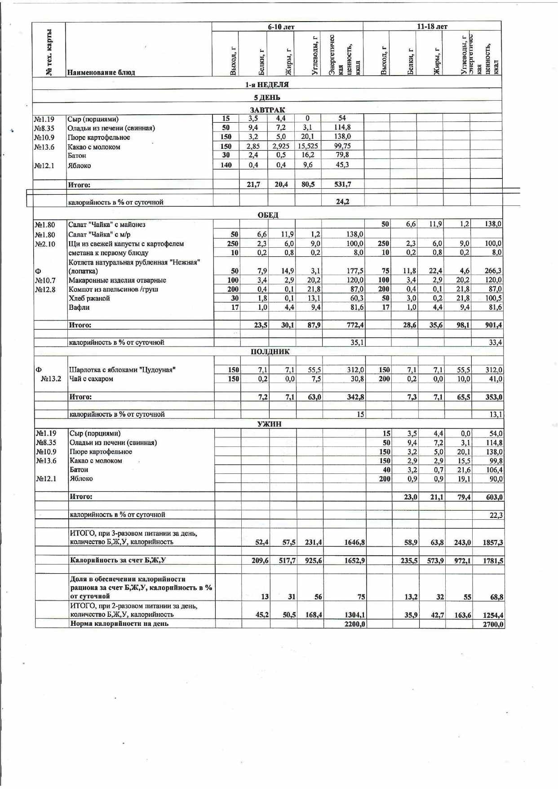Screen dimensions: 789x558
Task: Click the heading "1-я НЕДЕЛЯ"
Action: tap(267, 85)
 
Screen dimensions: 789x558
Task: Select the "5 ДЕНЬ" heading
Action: tap(267, 97)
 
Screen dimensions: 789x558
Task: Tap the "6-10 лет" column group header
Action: tap(281, 27)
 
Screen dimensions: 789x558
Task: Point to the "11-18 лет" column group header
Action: tap(432, 27)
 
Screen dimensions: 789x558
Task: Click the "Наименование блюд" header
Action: tap(101, 72)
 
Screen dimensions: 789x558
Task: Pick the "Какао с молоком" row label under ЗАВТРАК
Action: tap(94, 147)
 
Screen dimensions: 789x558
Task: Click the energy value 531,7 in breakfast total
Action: tap(342, 184)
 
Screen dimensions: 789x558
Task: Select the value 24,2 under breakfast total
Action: tap(342, 201)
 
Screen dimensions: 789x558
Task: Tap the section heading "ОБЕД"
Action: tap(268, 215)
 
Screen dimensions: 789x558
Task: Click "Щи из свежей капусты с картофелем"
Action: tap(126, 244)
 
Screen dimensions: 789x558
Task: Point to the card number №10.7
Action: tap(45, 281)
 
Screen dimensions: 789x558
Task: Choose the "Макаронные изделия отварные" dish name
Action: tap(117, 280)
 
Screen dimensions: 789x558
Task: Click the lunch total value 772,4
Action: tap(355, 325)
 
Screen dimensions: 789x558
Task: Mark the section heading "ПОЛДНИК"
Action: tap(270, 352)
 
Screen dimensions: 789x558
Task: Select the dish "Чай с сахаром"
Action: tap(91, 379)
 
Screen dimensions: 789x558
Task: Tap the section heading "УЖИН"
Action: tap(270, 423)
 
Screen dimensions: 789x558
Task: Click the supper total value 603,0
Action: tap(494, 497)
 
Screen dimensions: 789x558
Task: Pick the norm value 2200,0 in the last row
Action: tap(355, 624)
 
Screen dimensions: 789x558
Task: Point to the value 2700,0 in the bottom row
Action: tap(493, 624)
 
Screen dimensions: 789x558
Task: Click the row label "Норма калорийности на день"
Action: tap(120, 624)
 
